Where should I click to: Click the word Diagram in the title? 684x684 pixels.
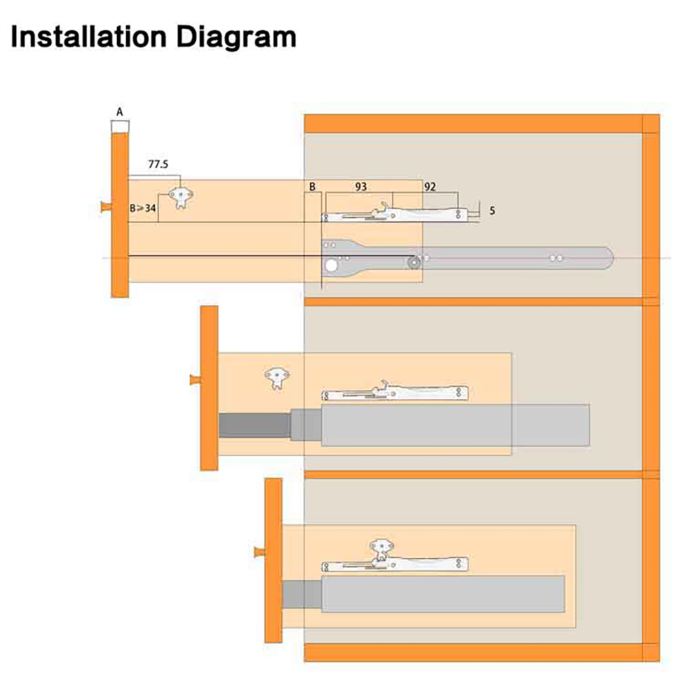click(x=236, y=38)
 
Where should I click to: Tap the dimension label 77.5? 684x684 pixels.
click(x=158, y=164)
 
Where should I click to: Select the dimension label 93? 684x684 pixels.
click(x=361, y=187)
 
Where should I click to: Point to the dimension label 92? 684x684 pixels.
click(x=430, y=187)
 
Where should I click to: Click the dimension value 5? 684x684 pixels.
click(x=492, y=211)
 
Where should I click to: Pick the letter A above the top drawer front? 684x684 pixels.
click(x=120, y=112)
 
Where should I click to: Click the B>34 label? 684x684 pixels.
click(x=143, y=209)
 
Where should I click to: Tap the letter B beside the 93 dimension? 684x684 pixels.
click(x=313, y=187)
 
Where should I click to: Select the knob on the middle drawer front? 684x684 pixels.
click(x=195, y=379)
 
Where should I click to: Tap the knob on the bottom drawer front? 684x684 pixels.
click(x=259, y=552)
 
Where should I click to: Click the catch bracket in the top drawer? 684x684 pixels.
click(x=181, y=197)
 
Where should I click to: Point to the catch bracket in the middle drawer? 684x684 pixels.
click(x=277, y=377)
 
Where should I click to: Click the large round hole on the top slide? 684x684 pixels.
click(x=331, y=266)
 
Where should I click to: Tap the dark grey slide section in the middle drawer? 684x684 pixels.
click(x=254, y=425)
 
